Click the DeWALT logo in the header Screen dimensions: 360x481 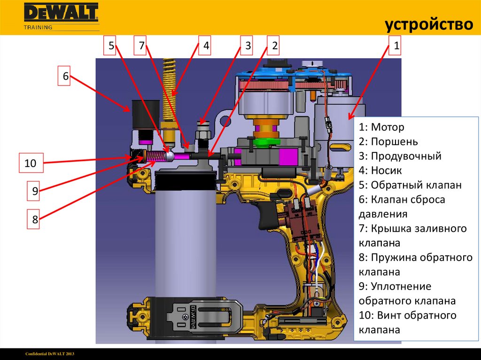(x=61, y=13)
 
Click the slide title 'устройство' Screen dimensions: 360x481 (x=429, y=24)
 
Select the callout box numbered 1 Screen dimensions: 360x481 (x=396, y=46)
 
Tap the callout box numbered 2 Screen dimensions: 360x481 (x=275, y=46)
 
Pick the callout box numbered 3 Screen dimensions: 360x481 (x=248, y=46)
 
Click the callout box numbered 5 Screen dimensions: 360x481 (x=111, y=46)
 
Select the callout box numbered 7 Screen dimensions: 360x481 (x=142, y=46)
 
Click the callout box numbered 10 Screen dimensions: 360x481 (x=31, y=164)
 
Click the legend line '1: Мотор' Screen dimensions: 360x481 (x=381, y=127)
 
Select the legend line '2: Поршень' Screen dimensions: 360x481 (x=388, y=142)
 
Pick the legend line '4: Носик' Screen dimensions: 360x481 (x=380, y=170)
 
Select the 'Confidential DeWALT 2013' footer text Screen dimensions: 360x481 (x=50, y=353)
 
